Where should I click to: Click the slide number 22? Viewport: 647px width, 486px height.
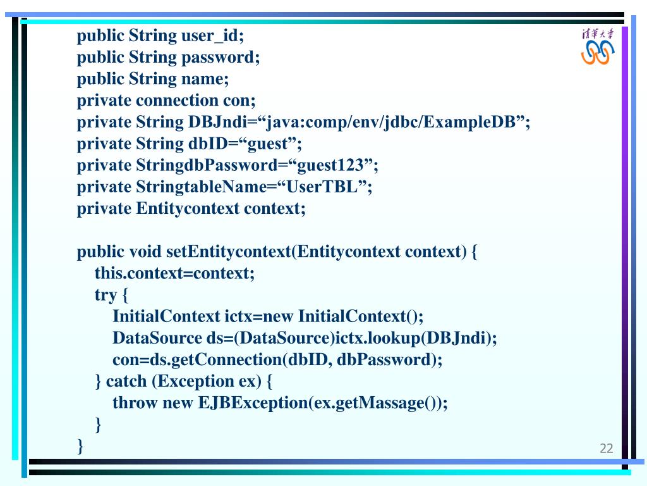click(x=606, y=449)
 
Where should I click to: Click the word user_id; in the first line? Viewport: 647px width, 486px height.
click(x=212, y=35)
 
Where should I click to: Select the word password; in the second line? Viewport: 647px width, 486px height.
click(x=221, y=58)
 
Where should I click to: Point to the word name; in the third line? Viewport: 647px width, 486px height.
click(x=205, y=79)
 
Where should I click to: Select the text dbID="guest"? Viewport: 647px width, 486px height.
click(x=246, y=144)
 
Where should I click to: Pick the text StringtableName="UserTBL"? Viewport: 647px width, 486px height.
click(x=254, y=187)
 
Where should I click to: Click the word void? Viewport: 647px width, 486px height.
click(x=145, y=252)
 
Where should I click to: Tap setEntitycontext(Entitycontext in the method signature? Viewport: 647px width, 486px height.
click(x=283, y=252)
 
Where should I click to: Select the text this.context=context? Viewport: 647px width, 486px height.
click(x=174, y=273)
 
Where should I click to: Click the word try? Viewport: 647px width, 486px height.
click(x=106, y=295)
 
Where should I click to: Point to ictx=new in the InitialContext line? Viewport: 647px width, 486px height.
click(x=259, y=316)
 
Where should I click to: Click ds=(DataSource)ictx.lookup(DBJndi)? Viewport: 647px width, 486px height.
click(x=352, y=338)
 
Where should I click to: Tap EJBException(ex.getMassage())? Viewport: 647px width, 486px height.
click(x=323, y=402)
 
